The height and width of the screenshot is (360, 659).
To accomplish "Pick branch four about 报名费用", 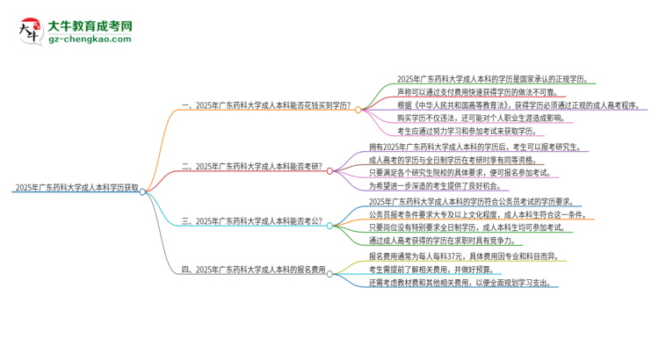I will tap(253, 273).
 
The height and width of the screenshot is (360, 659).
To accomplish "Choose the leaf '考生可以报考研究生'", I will tap(474, 147).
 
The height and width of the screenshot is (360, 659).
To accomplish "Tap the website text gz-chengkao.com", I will tap(88, 40).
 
